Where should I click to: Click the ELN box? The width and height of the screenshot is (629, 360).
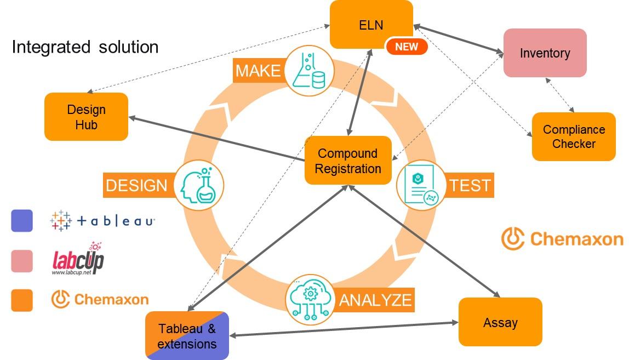point(371,24)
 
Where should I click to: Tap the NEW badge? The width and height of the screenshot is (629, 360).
point(406,47)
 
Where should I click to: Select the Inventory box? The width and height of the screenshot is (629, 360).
point(545,53)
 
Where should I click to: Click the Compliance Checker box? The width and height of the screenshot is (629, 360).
point(574,137)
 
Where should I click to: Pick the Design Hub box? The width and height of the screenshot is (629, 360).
point(86,117)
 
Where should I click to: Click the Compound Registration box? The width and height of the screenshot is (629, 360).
point(348,161)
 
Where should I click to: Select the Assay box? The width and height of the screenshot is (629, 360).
point(500,322)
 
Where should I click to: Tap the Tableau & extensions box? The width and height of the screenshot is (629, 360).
point(187,336)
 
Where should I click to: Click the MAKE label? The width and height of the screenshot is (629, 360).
point(258,71)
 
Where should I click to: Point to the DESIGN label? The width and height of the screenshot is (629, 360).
point(136,185)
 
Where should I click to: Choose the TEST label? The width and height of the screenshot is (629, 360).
point(470,185)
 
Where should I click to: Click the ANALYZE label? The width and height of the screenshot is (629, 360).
point(375,300)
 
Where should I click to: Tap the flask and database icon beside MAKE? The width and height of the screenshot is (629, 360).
point(308,71)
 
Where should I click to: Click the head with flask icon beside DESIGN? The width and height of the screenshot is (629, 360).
point(199,185)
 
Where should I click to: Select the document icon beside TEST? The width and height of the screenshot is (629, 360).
point(421,185)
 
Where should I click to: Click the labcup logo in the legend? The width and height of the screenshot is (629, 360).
point(78,260)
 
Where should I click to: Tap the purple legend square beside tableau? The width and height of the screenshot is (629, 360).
point(22,221)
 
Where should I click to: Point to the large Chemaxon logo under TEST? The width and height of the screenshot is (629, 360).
point(562,239)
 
